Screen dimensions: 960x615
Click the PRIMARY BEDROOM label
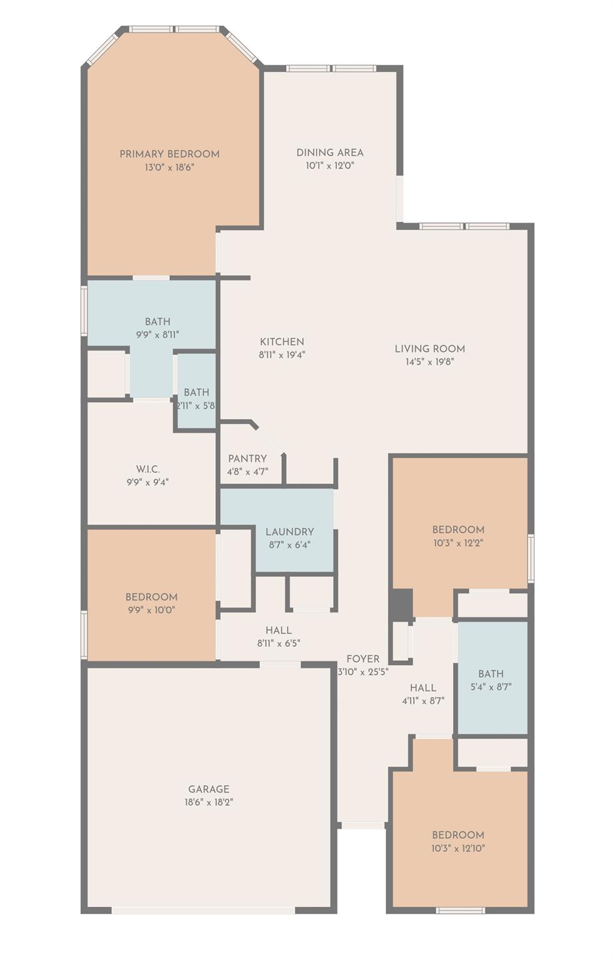point(169,154)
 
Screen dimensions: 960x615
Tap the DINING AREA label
point(329,152)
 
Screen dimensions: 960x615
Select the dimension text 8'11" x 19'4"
point(282,355)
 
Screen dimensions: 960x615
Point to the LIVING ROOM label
point(429,349)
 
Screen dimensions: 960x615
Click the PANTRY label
point(247,459)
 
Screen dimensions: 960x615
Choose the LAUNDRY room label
point(289,532)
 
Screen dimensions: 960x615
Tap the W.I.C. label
point(147,469)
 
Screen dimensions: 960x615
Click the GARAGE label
point(209,789)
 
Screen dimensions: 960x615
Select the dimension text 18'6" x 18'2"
point(209,802)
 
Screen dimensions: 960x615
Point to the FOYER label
point(362,659)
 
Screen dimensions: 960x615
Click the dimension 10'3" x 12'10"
point(458,849)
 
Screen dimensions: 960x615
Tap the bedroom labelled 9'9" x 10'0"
point(151,597)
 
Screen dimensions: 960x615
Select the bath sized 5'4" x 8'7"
point(491,674)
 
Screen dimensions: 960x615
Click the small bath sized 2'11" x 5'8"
point(196,392)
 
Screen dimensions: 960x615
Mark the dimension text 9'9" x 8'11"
point(157,335)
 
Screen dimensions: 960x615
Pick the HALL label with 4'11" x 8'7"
point(423,688)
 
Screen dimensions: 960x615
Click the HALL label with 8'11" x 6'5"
point(278,631)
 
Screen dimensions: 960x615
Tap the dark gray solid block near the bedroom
point(401,605)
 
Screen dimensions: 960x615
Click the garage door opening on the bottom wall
point(203,910)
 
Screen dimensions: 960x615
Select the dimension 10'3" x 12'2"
point(458,543)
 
